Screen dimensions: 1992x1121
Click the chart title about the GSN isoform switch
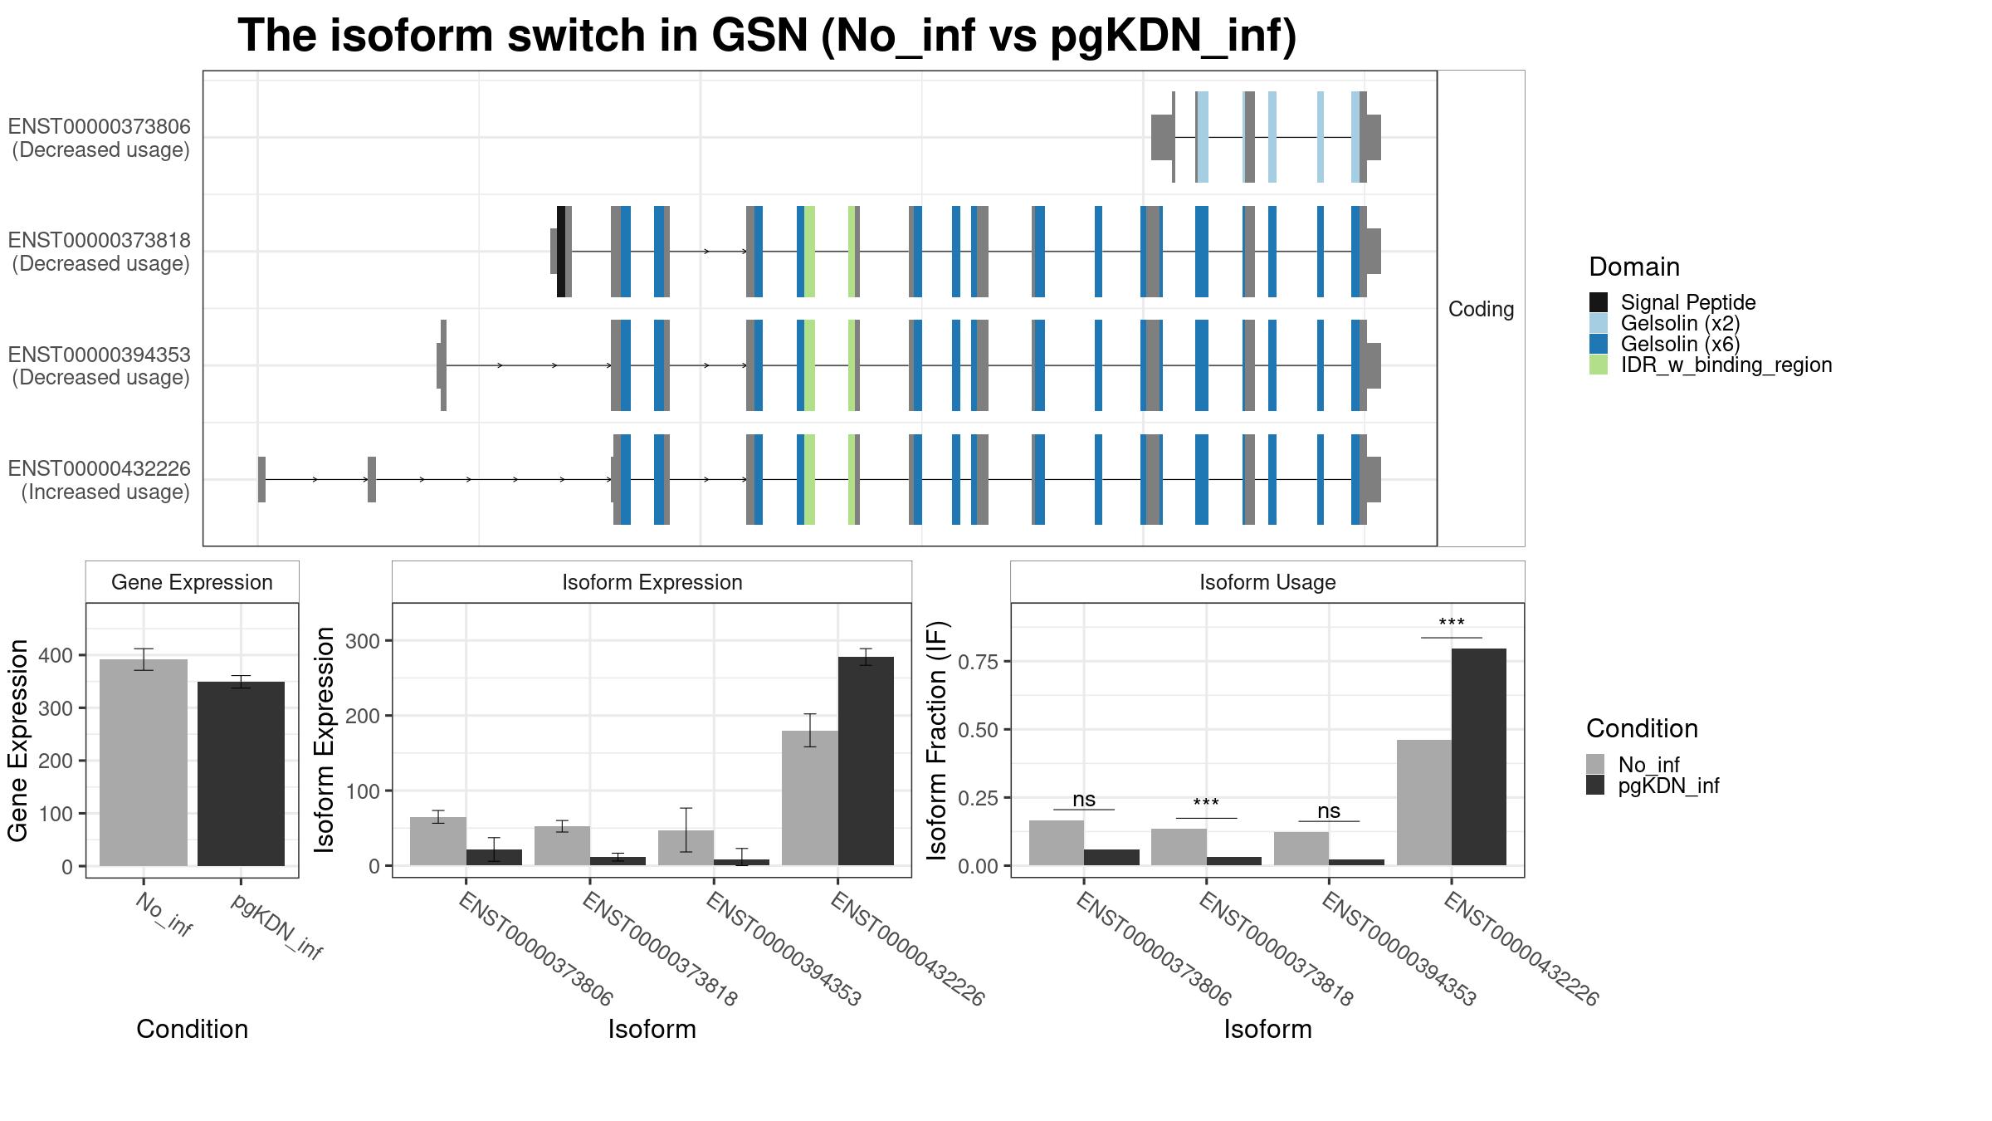tap(767, 36)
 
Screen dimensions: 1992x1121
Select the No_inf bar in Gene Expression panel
tap(144, 762)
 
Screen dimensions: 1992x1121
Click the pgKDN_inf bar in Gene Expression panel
tap(241, 774)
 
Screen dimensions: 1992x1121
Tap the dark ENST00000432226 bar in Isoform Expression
tap(866, 761)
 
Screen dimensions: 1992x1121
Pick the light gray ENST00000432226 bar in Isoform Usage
tap(1424, 802)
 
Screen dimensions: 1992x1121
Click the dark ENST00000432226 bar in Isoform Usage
tap(1479, 756)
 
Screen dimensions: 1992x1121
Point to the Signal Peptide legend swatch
tap(1599, 302)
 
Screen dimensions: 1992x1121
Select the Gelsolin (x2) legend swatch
tap(1599, 323)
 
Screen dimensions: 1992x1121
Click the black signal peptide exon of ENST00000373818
tap(561, 251)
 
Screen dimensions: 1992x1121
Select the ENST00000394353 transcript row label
tap(100, 366)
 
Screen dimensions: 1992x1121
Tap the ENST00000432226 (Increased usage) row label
tap(100, 480)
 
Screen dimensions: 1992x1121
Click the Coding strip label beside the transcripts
tap(1482, 309)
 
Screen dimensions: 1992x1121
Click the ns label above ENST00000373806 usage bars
tap(1084, 799)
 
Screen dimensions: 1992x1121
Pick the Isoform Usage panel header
tap(1267, 582)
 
